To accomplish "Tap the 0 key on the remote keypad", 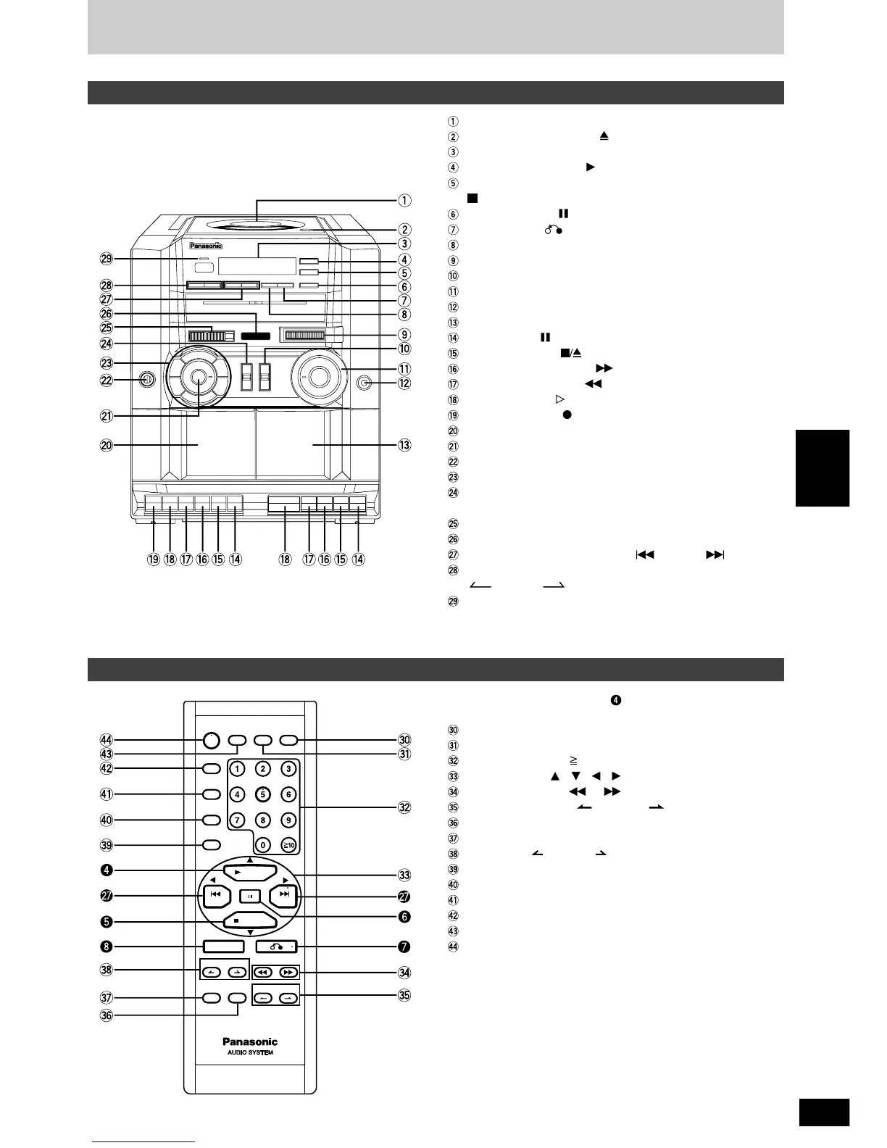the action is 263,844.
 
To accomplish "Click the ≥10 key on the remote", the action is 288,844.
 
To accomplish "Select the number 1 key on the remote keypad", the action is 238,769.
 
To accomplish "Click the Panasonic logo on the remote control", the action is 250,1041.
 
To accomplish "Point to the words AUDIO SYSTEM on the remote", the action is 250,1052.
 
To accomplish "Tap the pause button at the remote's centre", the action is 249,896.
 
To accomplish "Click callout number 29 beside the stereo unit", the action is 107,259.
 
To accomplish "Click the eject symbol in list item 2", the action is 603,136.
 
